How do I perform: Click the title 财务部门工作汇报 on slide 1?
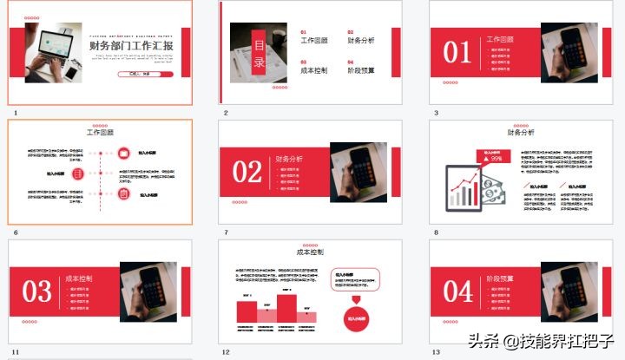(x=131, y=47)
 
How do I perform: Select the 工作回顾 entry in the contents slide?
(x=313, y=40)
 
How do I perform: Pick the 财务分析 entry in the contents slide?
(x=361, y=40)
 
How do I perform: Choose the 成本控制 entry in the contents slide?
(x=313, y=70)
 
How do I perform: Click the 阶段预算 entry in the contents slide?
(x=361, y=70)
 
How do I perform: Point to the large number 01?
(x=457, y=53)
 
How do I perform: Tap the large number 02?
(x=247, y=172)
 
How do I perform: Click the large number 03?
(x=36, y=291)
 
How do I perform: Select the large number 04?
(x=457, y=291)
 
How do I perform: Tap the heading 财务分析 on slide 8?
(x=521, y=133)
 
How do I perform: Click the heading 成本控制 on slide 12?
(x=310, y=252)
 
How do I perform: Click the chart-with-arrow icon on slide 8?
(x=464, y=187)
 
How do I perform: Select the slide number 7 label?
(x=226, y=232)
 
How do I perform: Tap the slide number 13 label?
(x=437, y=352)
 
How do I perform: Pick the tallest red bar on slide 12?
(x=286, y=309)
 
